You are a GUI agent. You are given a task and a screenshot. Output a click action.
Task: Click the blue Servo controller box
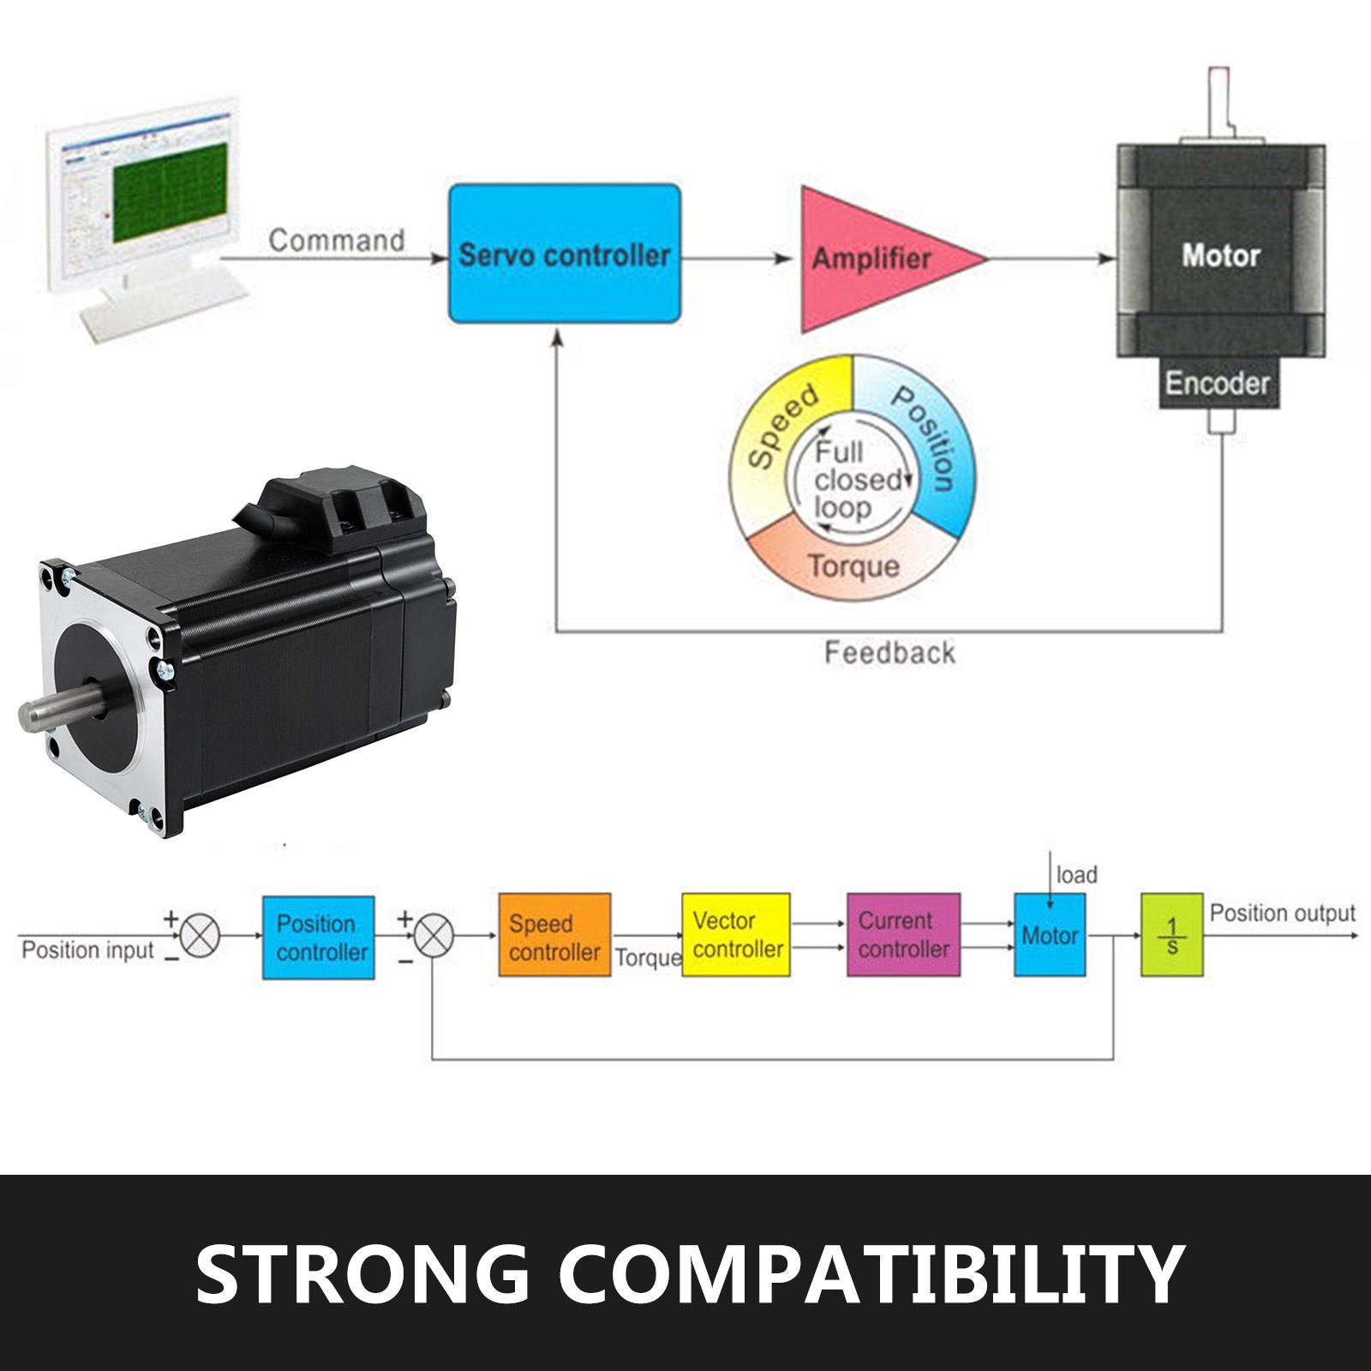click(x=565, y=254)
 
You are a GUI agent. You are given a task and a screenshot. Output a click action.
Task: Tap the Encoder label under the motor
click(x=1217, y=383)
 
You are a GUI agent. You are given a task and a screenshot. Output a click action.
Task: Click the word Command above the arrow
click(x=336, y=240)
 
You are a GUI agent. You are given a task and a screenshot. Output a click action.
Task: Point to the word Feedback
click(x=889, y=653)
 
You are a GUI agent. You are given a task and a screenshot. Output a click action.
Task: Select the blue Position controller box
click(x=318, y=937)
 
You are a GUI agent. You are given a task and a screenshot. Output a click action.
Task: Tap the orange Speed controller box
click(x=554, y=936)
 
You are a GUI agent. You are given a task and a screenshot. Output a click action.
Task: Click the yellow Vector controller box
click(x=736, y=935)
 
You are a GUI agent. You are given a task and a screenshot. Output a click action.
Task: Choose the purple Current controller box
click(x=903, y=935)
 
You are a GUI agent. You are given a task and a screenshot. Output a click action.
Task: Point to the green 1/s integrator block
click(x=1171, y=935)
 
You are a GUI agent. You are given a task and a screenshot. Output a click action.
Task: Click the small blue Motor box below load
click(x=1050, y=935)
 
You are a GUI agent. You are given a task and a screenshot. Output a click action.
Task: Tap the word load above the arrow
click(x=1076, y=875)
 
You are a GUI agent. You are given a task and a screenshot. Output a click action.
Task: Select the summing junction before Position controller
click(x=201, y=935)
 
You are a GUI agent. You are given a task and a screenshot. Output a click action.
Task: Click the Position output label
click(x=1282, y=913)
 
